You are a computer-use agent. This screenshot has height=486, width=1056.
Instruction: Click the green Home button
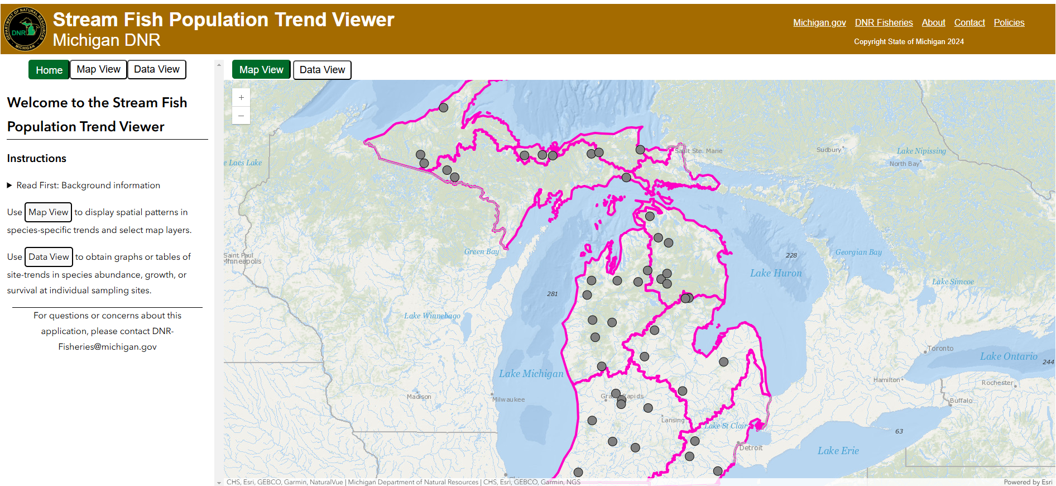(49, 70)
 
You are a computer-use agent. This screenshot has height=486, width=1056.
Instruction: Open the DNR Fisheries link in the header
(884, 22)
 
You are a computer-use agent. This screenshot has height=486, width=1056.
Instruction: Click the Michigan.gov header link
(819, 22)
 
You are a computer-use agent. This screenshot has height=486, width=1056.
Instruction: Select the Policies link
(1009, 22)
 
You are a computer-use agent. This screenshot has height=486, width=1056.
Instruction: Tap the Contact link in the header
(969, 22)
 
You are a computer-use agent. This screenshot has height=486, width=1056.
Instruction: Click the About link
(933, 22)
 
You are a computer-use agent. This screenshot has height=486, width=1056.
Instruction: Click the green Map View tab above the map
(261, 70)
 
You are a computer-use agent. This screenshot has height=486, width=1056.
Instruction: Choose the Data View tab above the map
(322, 70)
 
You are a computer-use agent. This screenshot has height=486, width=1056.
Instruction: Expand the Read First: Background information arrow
(9, 185)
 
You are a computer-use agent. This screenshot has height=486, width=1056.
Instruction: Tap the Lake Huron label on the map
(775, 273)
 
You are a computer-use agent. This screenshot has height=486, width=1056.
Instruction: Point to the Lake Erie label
(838, 451)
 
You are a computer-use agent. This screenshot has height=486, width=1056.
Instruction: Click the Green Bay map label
(481, 252)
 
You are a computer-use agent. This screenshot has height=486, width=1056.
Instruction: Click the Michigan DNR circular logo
(24, 29)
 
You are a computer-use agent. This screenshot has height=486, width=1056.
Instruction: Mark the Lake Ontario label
(1008, 356)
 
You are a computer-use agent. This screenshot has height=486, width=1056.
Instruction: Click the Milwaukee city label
(508, 399)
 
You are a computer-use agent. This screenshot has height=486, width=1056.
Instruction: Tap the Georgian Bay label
(858, 252)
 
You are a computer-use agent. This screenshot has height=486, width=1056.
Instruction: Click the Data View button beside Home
(157, 69)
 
